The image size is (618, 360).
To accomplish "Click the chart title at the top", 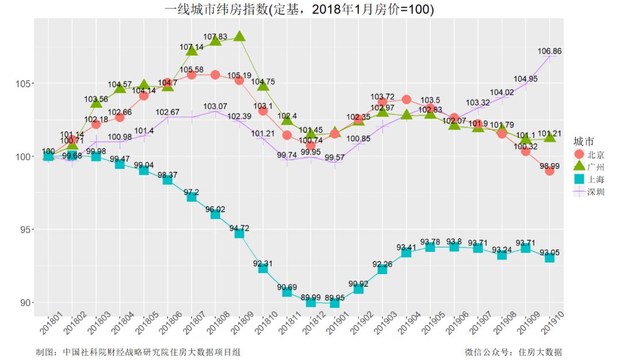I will click(x=299, y=10).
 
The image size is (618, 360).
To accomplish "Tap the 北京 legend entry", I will click(x=589, y=155).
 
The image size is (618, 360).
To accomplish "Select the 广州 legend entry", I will click(x=589, y=167).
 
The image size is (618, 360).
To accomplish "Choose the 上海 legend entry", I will click(x=589, y=179).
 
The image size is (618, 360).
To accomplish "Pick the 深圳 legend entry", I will click(x=589, y=192).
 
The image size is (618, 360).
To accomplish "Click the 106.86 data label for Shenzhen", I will click(x=549, y=51).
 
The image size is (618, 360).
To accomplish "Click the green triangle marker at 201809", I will click(x=239, y=37).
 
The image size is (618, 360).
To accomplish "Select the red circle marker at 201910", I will click(x=549, y=171).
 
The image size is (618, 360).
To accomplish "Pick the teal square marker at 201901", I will click(x=335, y=303).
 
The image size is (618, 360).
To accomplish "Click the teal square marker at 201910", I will click(x=549, y=258).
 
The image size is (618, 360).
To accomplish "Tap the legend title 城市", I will click(x=583, y=141).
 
